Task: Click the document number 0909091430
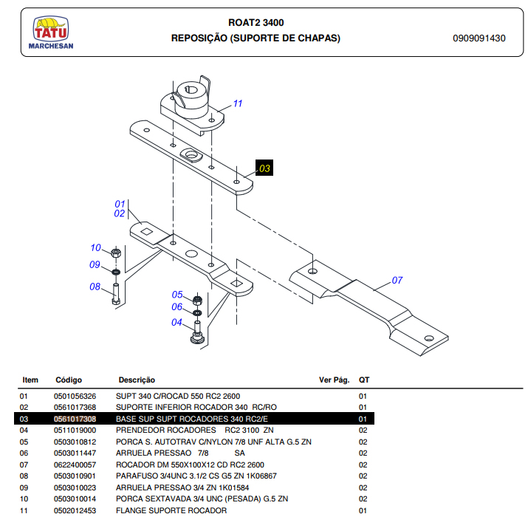479,38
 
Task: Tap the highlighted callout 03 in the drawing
264,168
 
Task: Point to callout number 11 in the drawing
237,103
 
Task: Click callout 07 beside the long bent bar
397,281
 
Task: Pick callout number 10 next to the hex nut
95,248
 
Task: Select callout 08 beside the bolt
95,287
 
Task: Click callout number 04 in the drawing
176,322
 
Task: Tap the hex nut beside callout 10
116,253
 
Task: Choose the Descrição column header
137,380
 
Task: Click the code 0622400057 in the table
75,464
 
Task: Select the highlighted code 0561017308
75,419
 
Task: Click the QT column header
364,380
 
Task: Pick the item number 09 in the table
24,487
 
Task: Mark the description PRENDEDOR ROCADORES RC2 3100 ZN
195,430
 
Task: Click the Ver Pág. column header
334,380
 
